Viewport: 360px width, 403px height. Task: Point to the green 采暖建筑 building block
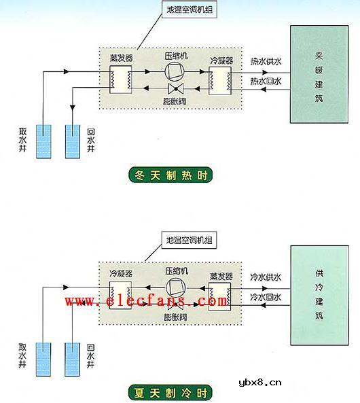coord(319,74)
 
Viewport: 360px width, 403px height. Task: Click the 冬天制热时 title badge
coord(170,175)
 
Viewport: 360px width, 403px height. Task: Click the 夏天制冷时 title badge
coord(170,392)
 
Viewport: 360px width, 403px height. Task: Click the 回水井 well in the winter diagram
coord(73,139)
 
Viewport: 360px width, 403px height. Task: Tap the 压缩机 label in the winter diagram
coord(175,54)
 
